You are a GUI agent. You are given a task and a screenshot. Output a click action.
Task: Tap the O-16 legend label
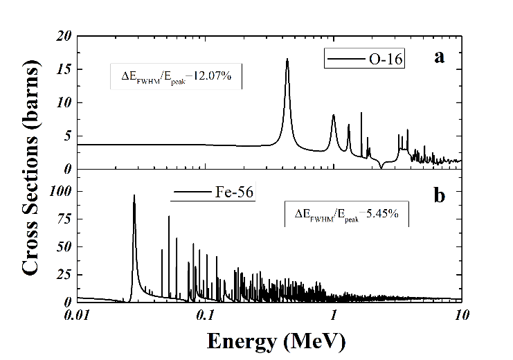385,59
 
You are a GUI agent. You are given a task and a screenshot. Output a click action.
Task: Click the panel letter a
439,57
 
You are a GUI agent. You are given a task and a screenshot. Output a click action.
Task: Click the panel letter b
439,195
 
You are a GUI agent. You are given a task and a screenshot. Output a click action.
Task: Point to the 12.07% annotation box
176,76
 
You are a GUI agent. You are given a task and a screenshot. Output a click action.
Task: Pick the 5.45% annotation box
348,215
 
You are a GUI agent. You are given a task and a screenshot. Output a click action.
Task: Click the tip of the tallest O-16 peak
287,60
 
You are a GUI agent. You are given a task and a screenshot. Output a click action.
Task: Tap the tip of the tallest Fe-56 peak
134,195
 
